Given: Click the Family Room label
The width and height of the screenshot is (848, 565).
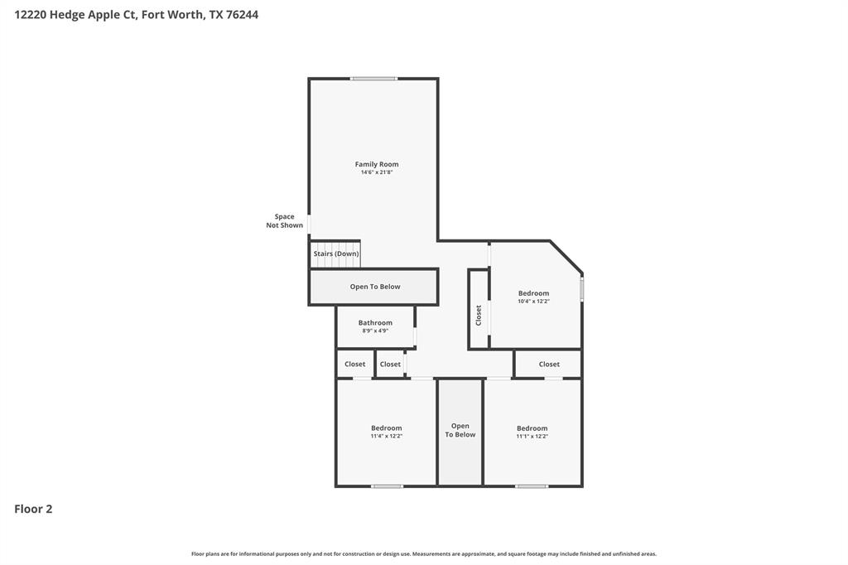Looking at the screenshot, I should point(377,164).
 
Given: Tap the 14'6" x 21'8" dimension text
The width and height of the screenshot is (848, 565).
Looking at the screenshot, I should point(377,172).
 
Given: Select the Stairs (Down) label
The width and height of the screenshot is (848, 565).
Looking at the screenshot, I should point(336,254).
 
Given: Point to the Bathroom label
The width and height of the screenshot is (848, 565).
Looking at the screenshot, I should point(375,322).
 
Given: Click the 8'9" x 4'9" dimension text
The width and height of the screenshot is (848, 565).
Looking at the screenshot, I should point(375,331).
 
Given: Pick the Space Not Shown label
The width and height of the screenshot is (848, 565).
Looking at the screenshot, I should point(284,221).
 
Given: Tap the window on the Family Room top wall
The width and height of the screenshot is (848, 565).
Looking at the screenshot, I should point(373,79).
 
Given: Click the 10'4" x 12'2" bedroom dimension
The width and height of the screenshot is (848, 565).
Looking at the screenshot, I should point(533,302).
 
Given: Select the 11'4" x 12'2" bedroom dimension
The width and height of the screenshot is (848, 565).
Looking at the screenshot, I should point(386,437).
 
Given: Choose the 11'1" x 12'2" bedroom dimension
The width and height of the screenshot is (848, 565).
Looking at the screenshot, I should point(532,437).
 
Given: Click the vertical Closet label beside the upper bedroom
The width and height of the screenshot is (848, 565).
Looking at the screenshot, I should point(479,315).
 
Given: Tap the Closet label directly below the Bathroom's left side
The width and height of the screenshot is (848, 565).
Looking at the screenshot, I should point(354,364).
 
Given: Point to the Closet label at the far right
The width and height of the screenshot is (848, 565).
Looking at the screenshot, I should point(549,364).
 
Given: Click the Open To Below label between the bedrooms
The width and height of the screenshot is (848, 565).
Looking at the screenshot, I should point(460,431).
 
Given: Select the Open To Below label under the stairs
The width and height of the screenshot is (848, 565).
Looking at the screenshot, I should point(375,287).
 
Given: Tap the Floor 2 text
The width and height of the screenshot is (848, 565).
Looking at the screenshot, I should point(33,509).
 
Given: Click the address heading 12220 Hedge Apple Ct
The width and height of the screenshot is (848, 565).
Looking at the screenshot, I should point(136,14).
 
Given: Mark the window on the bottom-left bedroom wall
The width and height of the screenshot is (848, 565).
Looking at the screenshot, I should point(387,486).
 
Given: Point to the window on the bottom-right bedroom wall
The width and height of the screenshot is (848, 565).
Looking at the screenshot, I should point(532,486).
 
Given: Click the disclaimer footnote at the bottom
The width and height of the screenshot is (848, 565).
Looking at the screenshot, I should point(424,553).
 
